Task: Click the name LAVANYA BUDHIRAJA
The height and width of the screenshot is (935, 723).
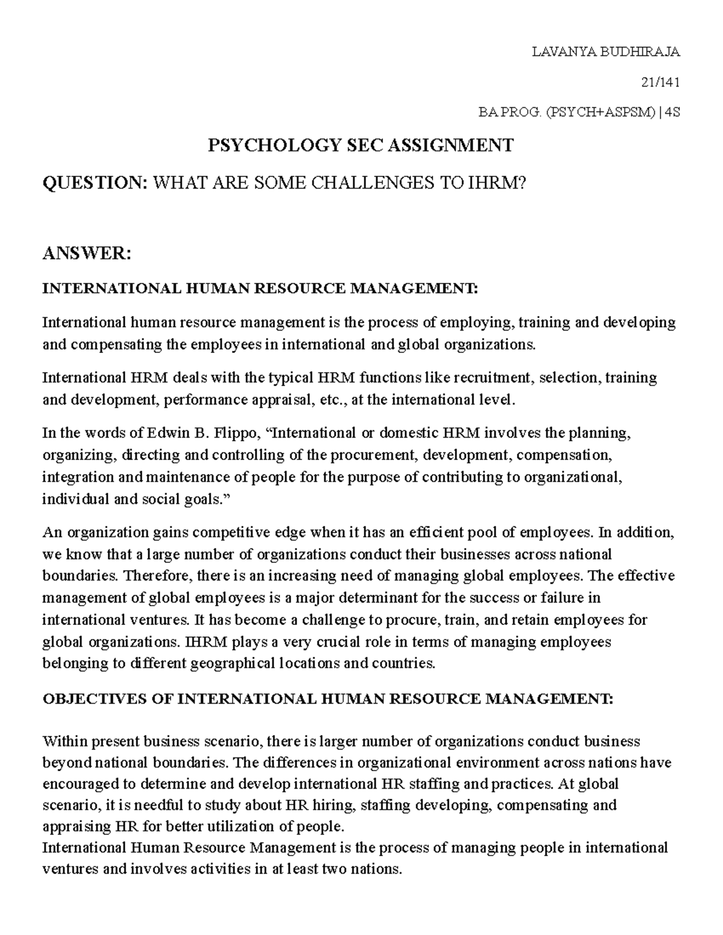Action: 606,52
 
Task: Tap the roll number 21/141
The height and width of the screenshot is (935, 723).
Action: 661,82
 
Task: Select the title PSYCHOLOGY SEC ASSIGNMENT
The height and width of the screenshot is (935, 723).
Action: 360,145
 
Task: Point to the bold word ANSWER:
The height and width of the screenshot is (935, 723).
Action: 86,253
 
